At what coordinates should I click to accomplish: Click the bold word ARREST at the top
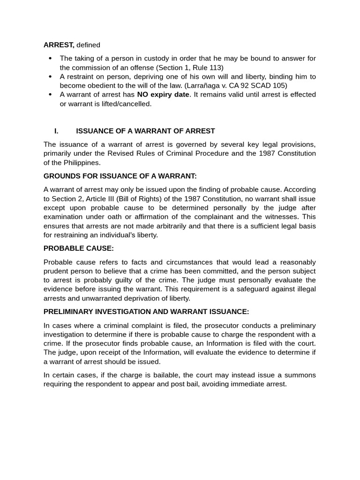click(x=59, y=45)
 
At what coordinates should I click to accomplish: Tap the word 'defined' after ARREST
click(x=88, y=45)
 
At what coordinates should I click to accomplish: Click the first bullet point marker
click(x=51, y=58)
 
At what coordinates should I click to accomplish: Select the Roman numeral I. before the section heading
click(x=56, y=131)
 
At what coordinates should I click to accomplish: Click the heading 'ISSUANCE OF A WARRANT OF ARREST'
click(x=145, y=131)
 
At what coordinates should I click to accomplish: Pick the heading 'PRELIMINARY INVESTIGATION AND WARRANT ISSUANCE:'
click(x=146, y=312)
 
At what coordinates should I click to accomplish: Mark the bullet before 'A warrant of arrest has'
click(x=51, y=95)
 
